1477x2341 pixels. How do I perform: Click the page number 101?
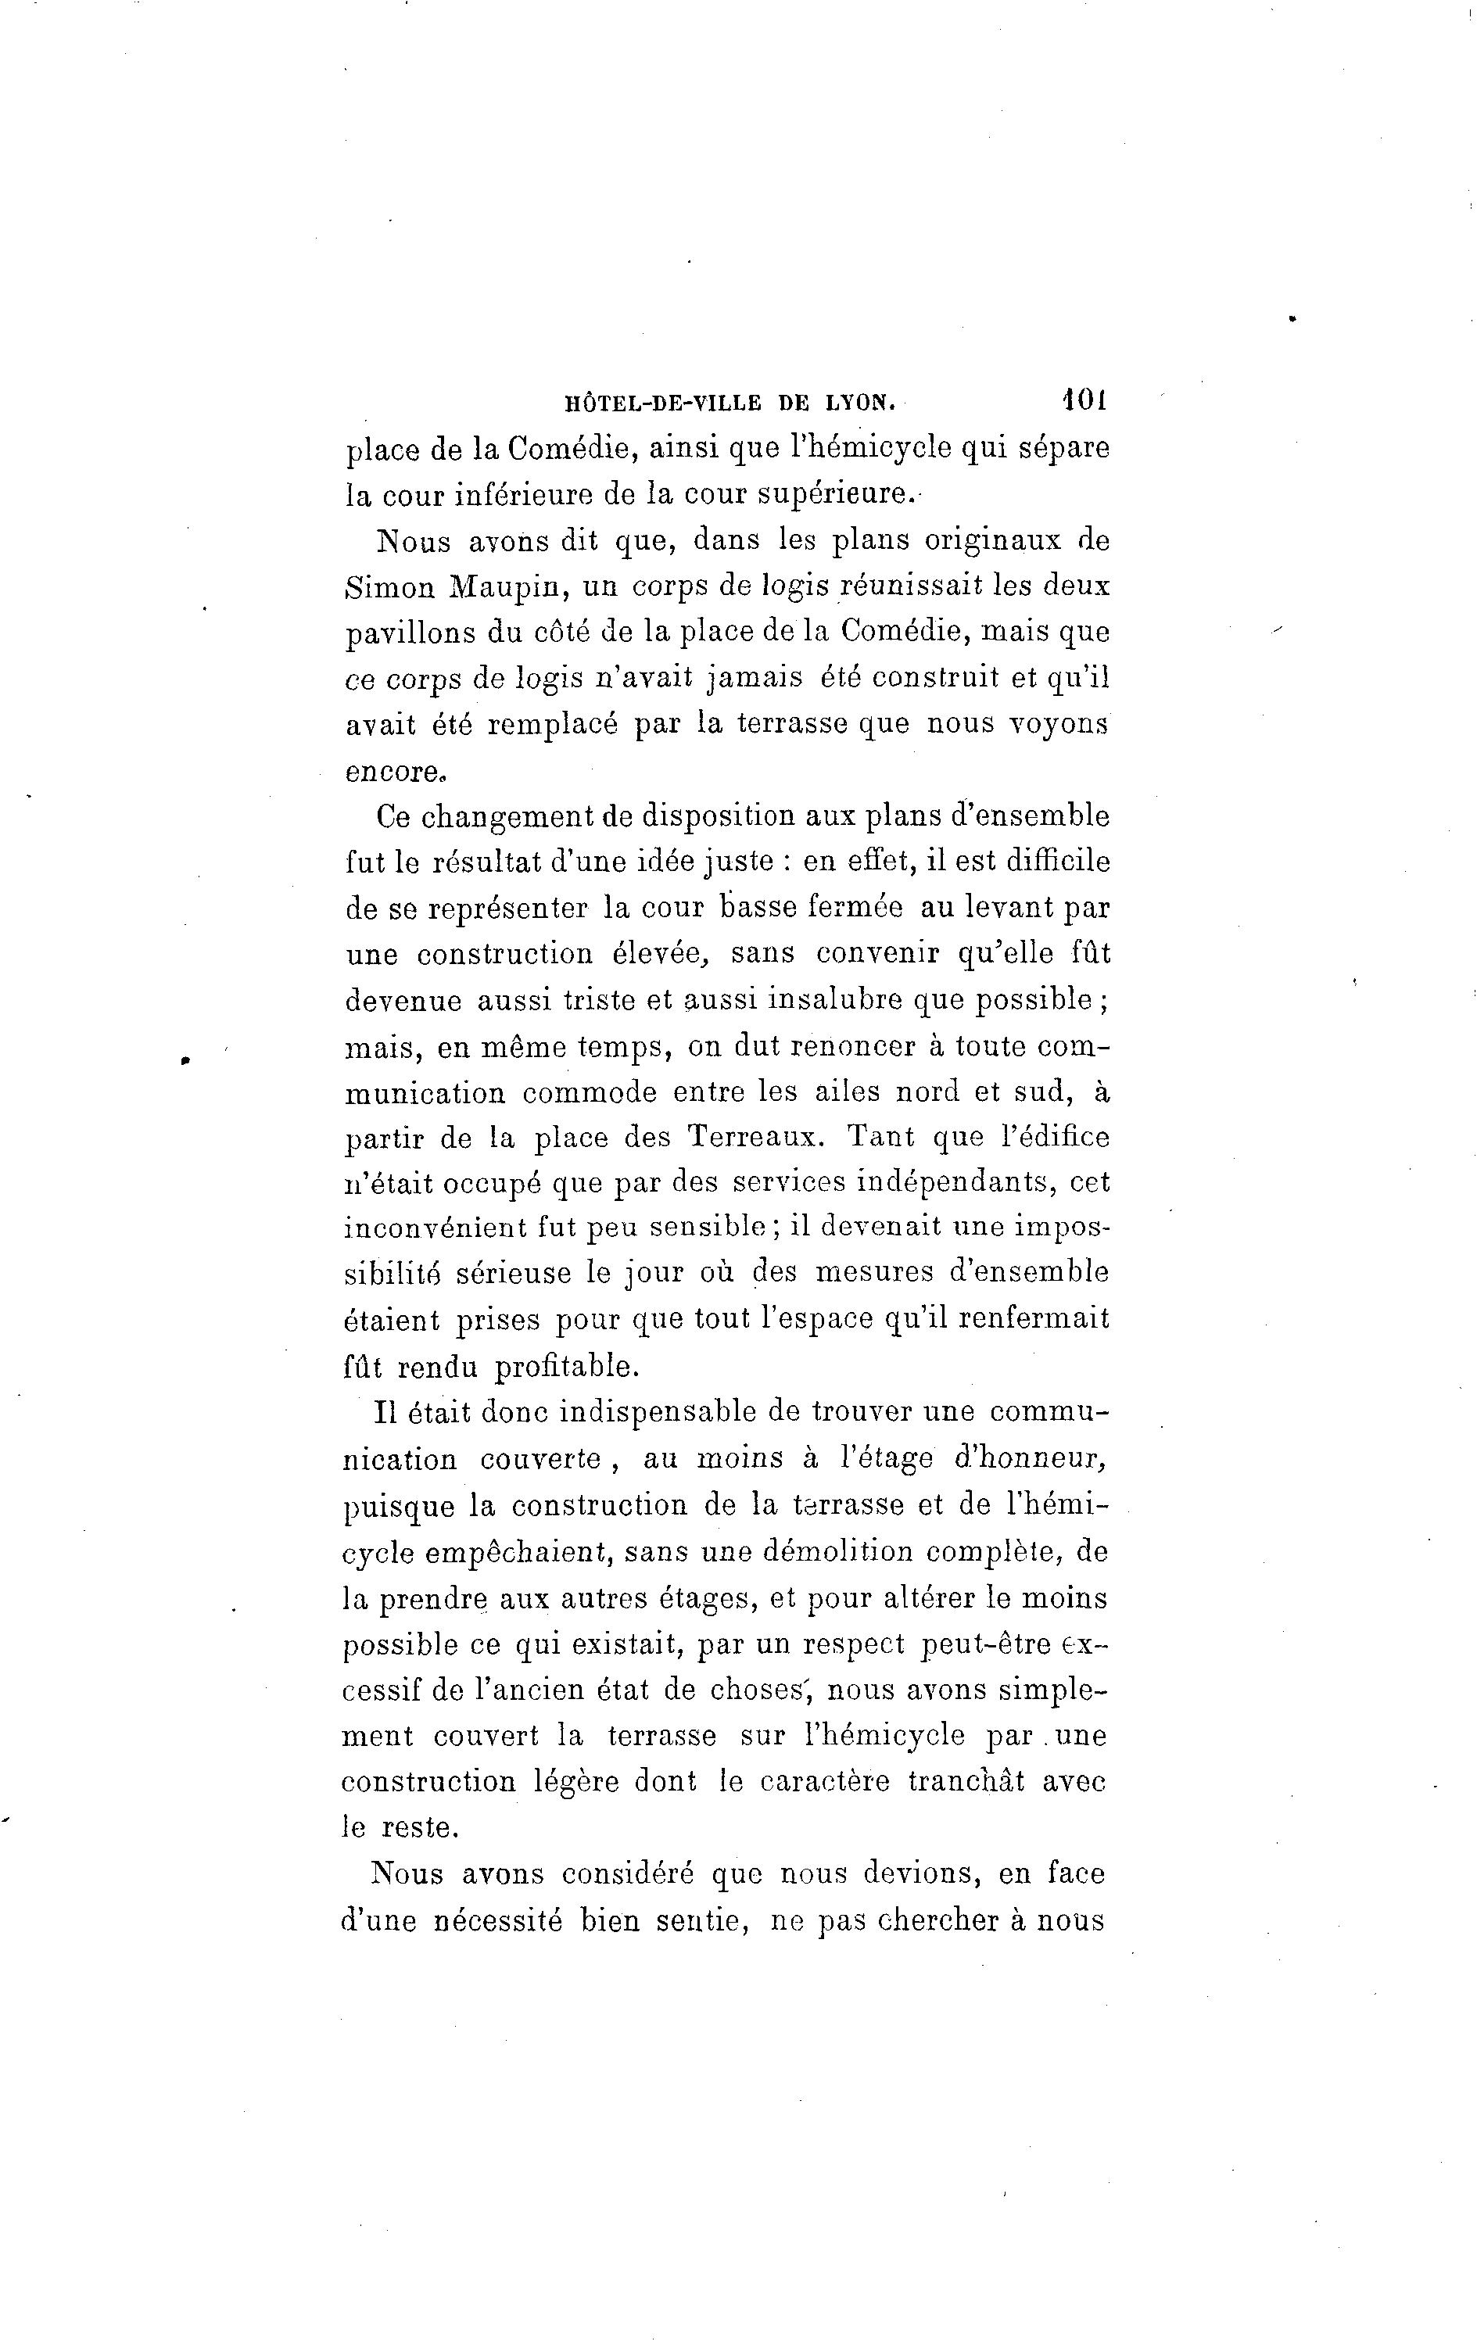click(1085, 399)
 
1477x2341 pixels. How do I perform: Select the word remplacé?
click(551, 726)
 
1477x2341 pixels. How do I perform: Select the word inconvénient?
click(436, 1229)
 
